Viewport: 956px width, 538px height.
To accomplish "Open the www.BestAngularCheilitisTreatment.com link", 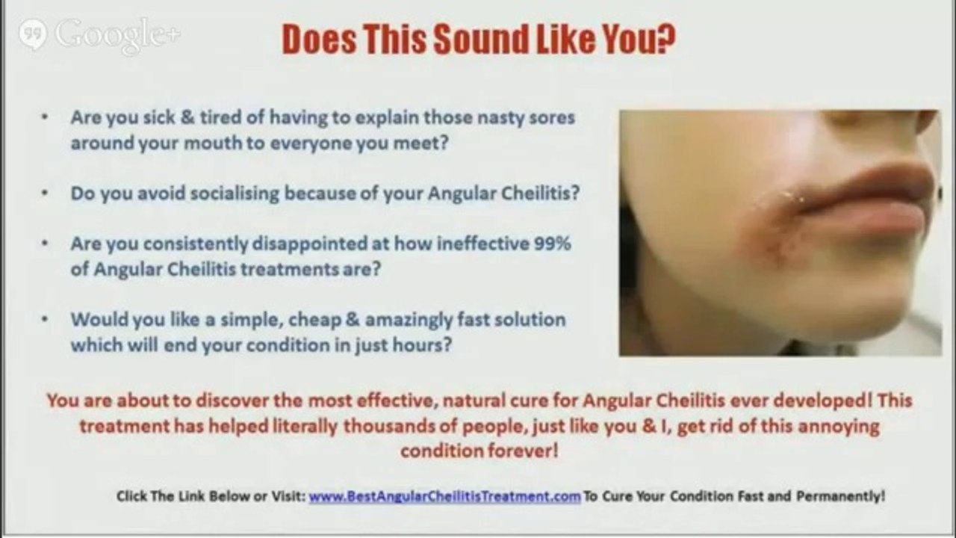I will (444, 496).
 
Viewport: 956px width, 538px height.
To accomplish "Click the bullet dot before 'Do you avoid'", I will (46, 193).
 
